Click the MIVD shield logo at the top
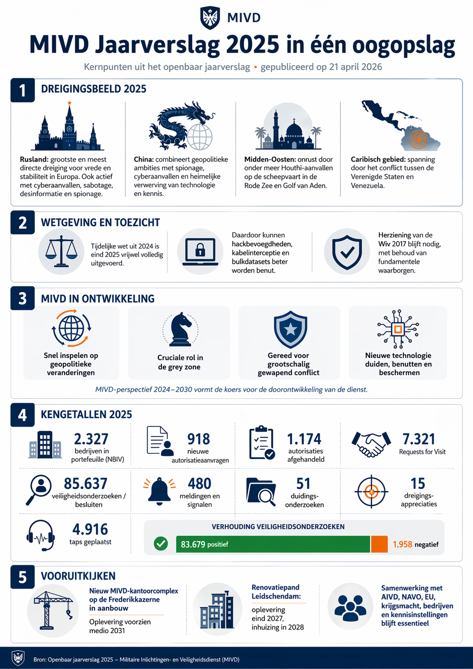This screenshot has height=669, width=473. click(x=210, y=18)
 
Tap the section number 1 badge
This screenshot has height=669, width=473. click(x=22, y=90)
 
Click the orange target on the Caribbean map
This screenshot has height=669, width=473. click(x=418, y=139)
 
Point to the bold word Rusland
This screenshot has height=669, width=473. click(x=34, y=159)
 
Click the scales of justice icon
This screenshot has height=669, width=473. click(x=61, y=252)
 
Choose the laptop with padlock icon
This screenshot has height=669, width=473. click(x=200, y=252)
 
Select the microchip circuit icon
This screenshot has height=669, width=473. click(x=398, y=329)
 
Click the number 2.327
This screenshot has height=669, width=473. click(x=91, y=439)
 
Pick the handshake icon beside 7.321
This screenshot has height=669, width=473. click(x=371, y=444)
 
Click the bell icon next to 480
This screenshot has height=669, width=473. click(x=159, y=491)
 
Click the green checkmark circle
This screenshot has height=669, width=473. click(x=161, y=544)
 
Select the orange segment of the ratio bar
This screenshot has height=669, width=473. click(x=379, y=544)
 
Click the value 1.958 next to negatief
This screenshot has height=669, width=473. click(x=402, y=544)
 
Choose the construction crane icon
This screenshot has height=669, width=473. click(x=52, y=609)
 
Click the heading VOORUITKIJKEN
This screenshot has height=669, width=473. click(x=78, y=576)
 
